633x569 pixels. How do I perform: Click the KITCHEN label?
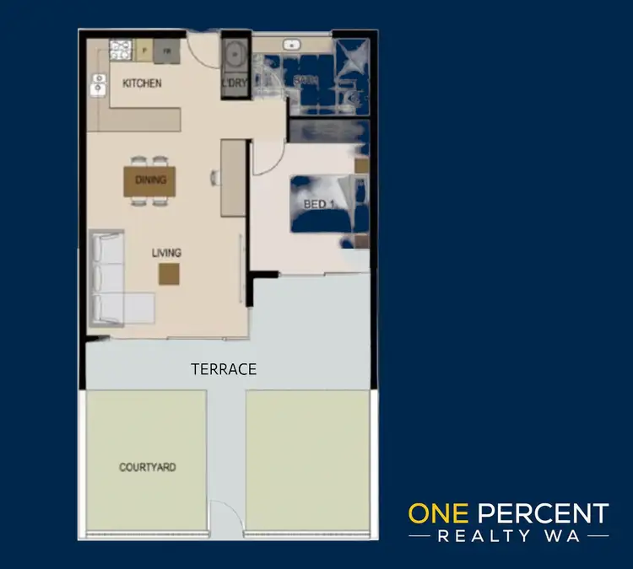pyautogui.click(x=142, y=83)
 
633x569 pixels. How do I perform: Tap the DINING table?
pyautogui.click(x=151, y=180)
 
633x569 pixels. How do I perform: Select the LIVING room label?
pyautogui.click(x=166, y=252)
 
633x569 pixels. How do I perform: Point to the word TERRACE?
pyautogui.click(x=224, y=369)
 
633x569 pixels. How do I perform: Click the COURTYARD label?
pyautogui.click(x=148, y=467)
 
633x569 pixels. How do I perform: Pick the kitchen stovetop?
pyautogui.click(x=120, y=49)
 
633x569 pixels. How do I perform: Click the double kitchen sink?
pyautogui.click(x=98, y=83)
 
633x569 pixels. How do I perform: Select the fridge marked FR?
pyautogui.click(x=167, y=51)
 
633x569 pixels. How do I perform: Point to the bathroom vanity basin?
pyautogui.click(x=293, y=45)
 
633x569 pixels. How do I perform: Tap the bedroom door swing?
pyautogui.click(x=267, y=158)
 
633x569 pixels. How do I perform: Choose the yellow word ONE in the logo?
pyautogui.click(x=440, y=513)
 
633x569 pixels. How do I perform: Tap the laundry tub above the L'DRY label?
pyautogui.click(x=234, y=56)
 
